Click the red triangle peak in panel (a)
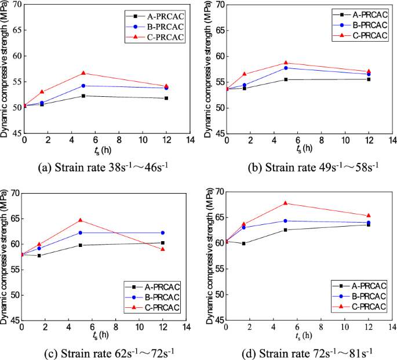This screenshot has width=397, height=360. [83, 73]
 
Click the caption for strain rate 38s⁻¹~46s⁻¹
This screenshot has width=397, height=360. [103, 168]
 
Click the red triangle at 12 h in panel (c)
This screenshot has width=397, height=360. [163, 249]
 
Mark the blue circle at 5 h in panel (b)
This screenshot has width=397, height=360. [286, 68]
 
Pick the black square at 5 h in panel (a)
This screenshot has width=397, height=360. [83, 96]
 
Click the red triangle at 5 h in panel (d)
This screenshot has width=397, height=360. [286, 203]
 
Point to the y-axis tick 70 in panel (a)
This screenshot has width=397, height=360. [16, 5]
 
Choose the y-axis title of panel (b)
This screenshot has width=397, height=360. [207, 68]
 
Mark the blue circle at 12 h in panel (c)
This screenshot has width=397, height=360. [163, 232]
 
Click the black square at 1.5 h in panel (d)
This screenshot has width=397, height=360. [243, 243]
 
